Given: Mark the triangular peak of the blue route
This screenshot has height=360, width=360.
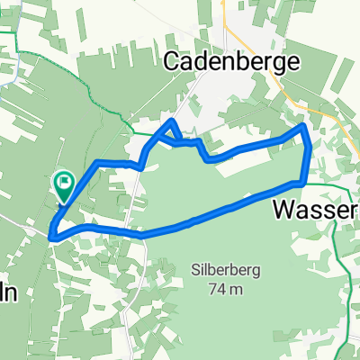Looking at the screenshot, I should [171, 121].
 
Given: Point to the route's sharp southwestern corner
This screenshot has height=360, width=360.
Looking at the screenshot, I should [53, 238].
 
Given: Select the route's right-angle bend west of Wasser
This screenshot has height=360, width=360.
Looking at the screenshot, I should [306, 183].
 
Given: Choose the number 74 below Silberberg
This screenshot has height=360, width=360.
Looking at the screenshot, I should [216, 289].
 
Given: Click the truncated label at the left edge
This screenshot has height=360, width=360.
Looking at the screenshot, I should [7, 294].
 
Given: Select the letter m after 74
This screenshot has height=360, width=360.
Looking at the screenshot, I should [238, 290].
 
